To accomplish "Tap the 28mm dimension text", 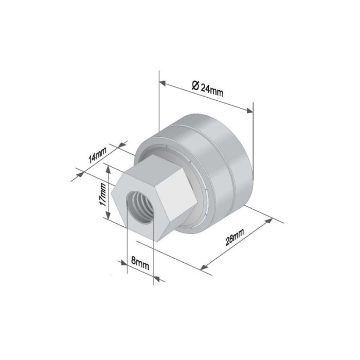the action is pyautogui.click(x=235, y=237).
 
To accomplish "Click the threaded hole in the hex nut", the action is pyautogui.click(x=139, y=207).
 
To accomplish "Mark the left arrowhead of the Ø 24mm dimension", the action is pyautogui.click(x=163, y=83).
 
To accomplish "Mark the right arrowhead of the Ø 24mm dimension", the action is pyautogui.click(x=250, y=111).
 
